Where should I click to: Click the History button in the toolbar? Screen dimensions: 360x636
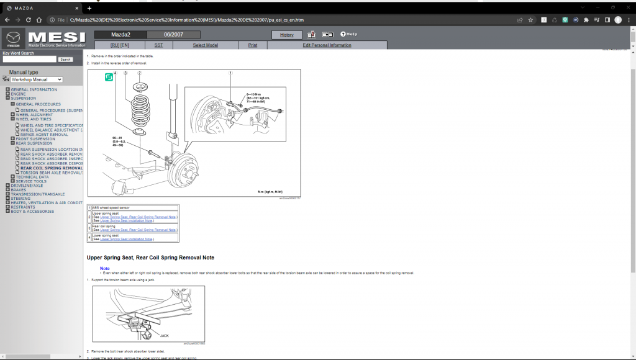click(x=287, y=35)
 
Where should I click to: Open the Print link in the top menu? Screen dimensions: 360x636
click(x=253, y=45)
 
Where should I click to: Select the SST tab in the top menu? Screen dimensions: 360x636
click(x=158, y=45)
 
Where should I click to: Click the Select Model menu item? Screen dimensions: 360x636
click(x=205, y=45)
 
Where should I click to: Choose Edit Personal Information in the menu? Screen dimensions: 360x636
click(x=327, y=45)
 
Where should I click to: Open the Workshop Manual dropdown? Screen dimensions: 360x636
click(x=37, y=79)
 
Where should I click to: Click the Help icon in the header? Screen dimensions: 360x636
click(x=348, y=34)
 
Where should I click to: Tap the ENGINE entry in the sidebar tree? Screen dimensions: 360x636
click(x=19, y=94)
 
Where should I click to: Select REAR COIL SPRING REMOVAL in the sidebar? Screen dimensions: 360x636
click(x=51, y=168)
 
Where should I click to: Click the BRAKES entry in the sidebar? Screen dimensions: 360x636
click(x=19, y=190)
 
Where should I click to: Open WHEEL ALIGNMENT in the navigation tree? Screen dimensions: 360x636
click(x=34, y=115)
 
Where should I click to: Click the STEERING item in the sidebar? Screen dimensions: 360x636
click(x=21, y=199)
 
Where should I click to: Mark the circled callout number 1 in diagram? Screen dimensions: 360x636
click(x=230, y=73)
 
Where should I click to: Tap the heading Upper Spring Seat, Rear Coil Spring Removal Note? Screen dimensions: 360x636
click(x=150, y=258)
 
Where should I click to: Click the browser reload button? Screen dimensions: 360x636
click(x=39, y=20)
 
